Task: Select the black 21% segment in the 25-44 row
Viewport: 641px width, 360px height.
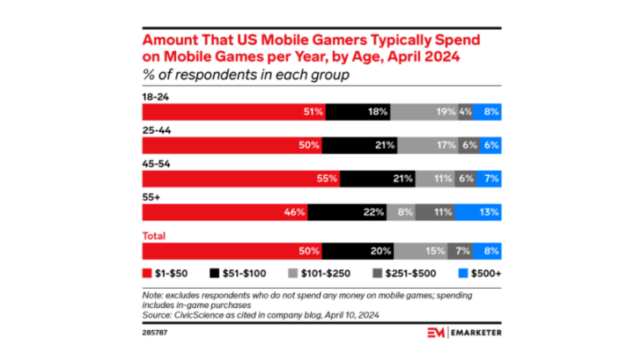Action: point(360,145)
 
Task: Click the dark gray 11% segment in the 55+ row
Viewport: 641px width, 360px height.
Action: point(435,211)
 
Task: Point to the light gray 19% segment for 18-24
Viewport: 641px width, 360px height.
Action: point(424,112)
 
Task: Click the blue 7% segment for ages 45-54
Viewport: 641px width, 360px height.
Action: point(490,179)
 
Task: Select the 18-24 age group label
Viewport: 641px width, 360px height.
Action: point(152,99)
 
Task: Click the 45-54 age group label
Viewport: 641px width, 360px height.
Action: point(152,165)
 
